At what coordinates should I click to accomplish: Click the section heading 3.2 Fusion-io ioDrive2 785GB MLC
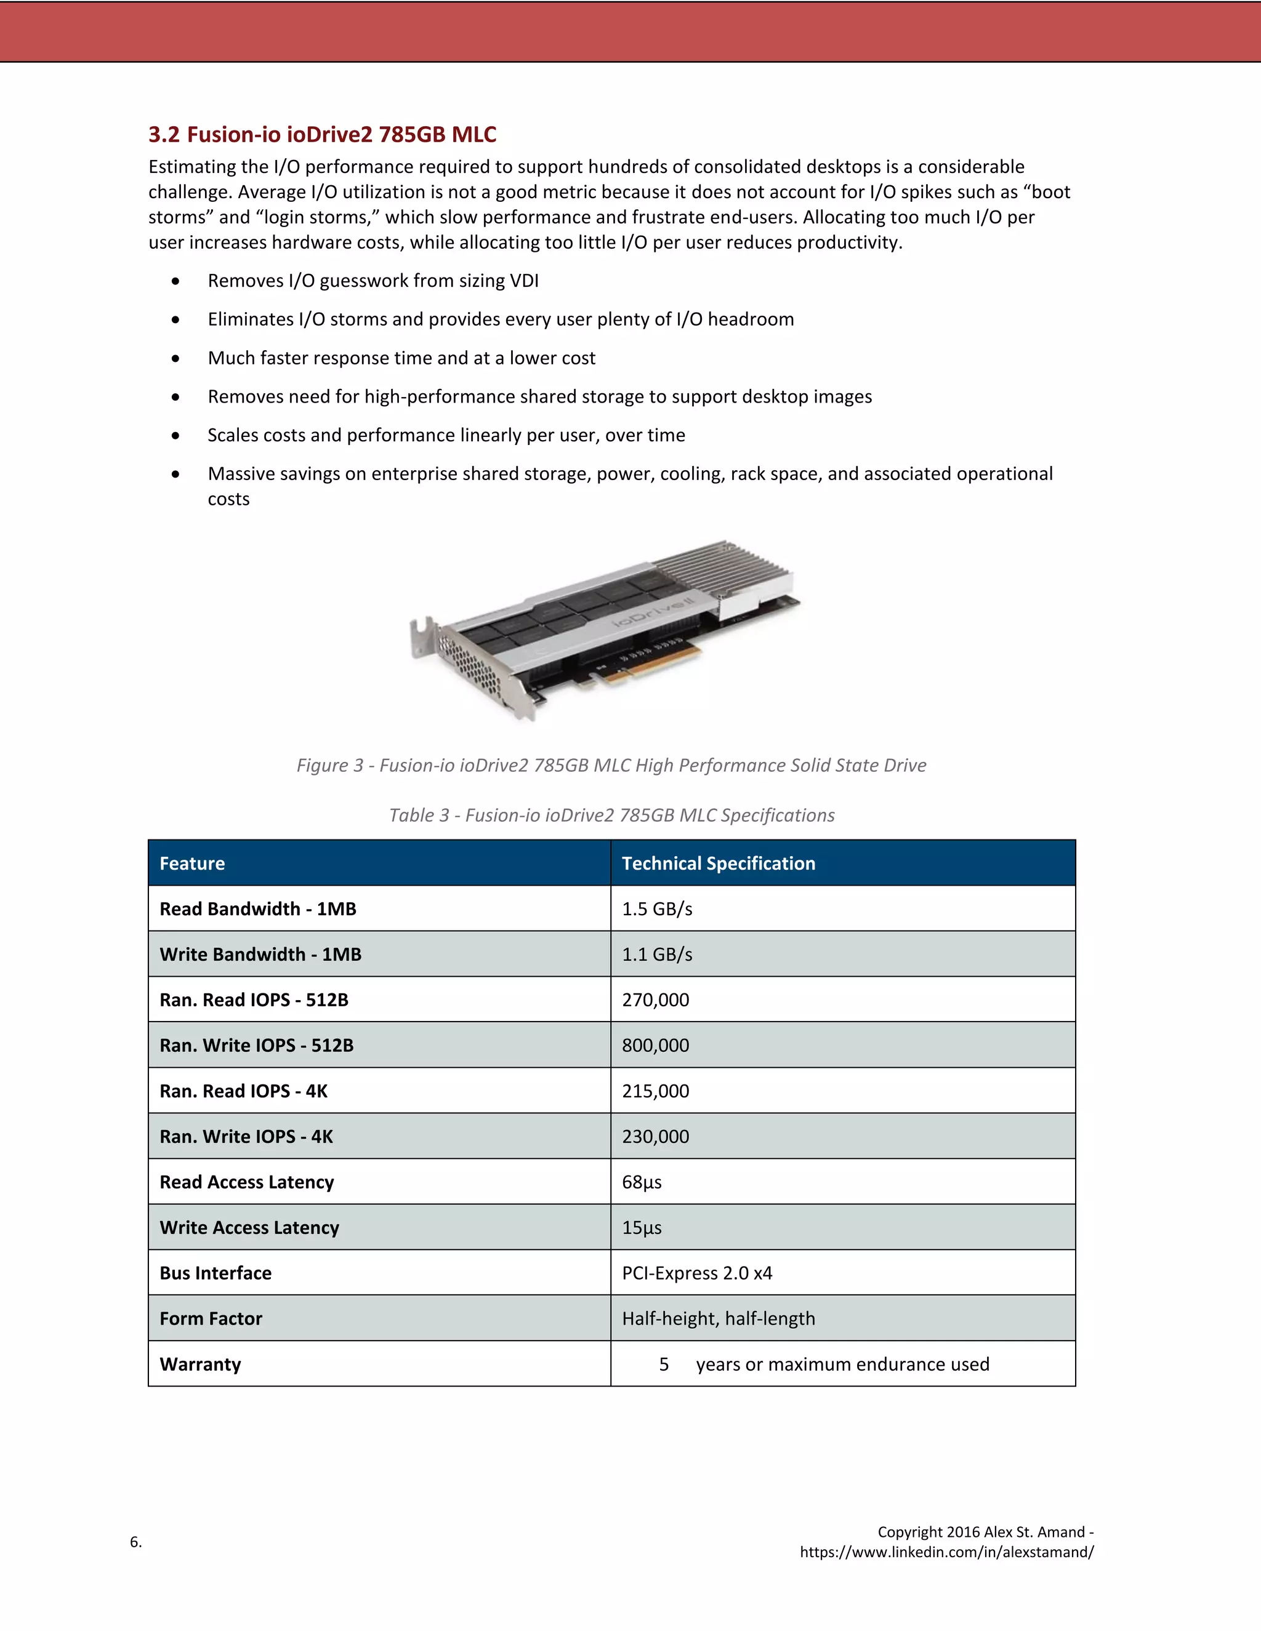click(x=322, y=134)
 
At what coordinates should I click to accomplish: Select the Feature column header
click(x=192, y=864)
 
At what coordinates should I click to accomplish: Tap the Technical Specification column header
click(x=718, y=864)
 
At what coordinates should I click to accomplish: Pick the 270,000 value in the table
click(x=655, y=1000)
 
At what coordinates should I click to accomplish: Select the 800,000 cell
click(x=655, y=1046)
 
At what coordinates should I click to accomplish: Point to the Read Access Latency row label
click(x=246, y=1182)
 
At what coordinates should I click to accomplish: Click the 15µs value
click(x=642, y=1228)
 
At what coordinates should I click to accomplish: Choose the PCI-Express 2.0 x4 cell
click(x=696, y=1273)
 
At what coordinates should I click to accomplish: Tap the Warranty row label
click(x=200, y=1365)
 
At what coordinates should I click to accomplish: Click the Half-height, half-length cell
click(x=718, y=1319)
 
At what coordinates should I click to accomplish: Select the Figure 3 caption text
click(x=611, y=766)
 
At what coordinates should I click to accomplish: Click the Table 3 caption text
click(x=611, y=815)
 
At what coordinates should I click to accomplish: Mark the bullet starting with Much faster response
click(x=401, y=358)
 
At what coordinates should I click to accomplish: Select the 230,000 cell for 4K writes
click(x=655, y=1137)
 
